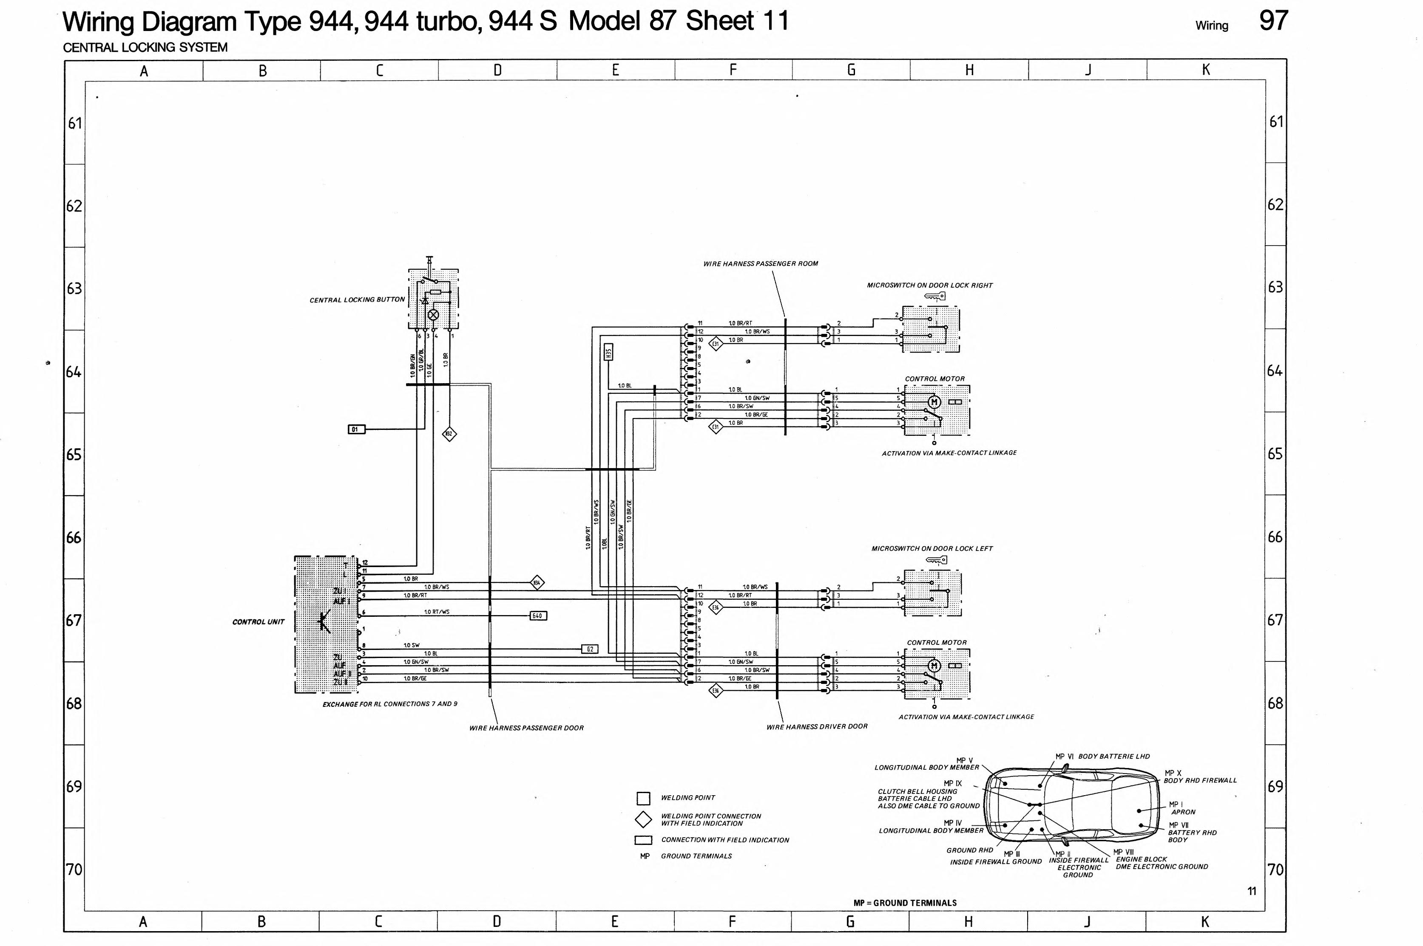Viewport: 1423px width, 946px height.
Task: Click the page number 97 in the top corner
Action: (x=1273, y=21)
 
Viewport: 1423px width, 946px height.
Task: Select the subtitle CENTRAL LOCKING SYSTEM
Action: (x=145, y=48)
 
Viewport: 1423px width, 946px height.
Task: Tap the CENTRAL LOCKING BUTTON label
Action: (x=357, y=300)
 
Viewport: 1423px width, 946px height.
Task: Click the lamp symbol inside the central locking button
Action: (x=433, y=314)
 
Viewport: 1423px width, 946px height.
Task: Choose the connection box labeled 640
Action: (x=538, y=616)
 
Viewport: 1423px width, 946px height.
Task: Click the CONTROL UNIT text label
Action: (x=258, y=622)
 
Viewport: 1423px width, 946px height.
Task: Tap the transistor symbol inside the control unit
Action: (x=324, y=622)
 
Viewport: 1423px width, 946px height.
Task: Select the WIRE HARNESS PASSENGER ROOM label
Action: (x=760, y=264)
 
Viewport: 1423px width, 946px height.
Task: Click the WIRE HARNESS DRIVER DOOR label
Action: (x=816, y=727)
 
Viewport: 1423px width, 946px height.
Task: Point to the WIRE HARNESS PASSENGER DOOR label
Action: (x=526, y=728)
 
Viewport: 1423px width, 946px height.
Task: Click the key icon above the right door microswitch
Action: (x=934, y=296)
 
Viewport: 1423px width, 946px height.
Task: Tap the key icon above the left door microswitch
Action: (x=936, y=560)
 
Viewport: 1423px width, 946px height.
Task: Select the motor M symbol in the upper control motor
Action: (x=934, y=402)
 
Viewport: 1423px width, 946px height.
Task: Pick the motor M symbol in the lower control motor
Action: (x=934, y=666)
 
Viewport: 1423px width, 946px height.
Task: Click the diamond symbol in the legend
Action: (x=643, y=819)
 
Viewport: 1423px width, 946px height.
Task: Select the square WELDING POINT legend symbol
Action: (x=643, y=798)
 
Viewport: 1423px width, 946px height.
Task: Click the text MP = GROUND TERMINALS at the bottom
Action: (x=904, y=903)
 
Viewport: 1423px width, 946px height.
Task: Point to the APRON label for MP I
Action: (x=1183, y=812)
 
